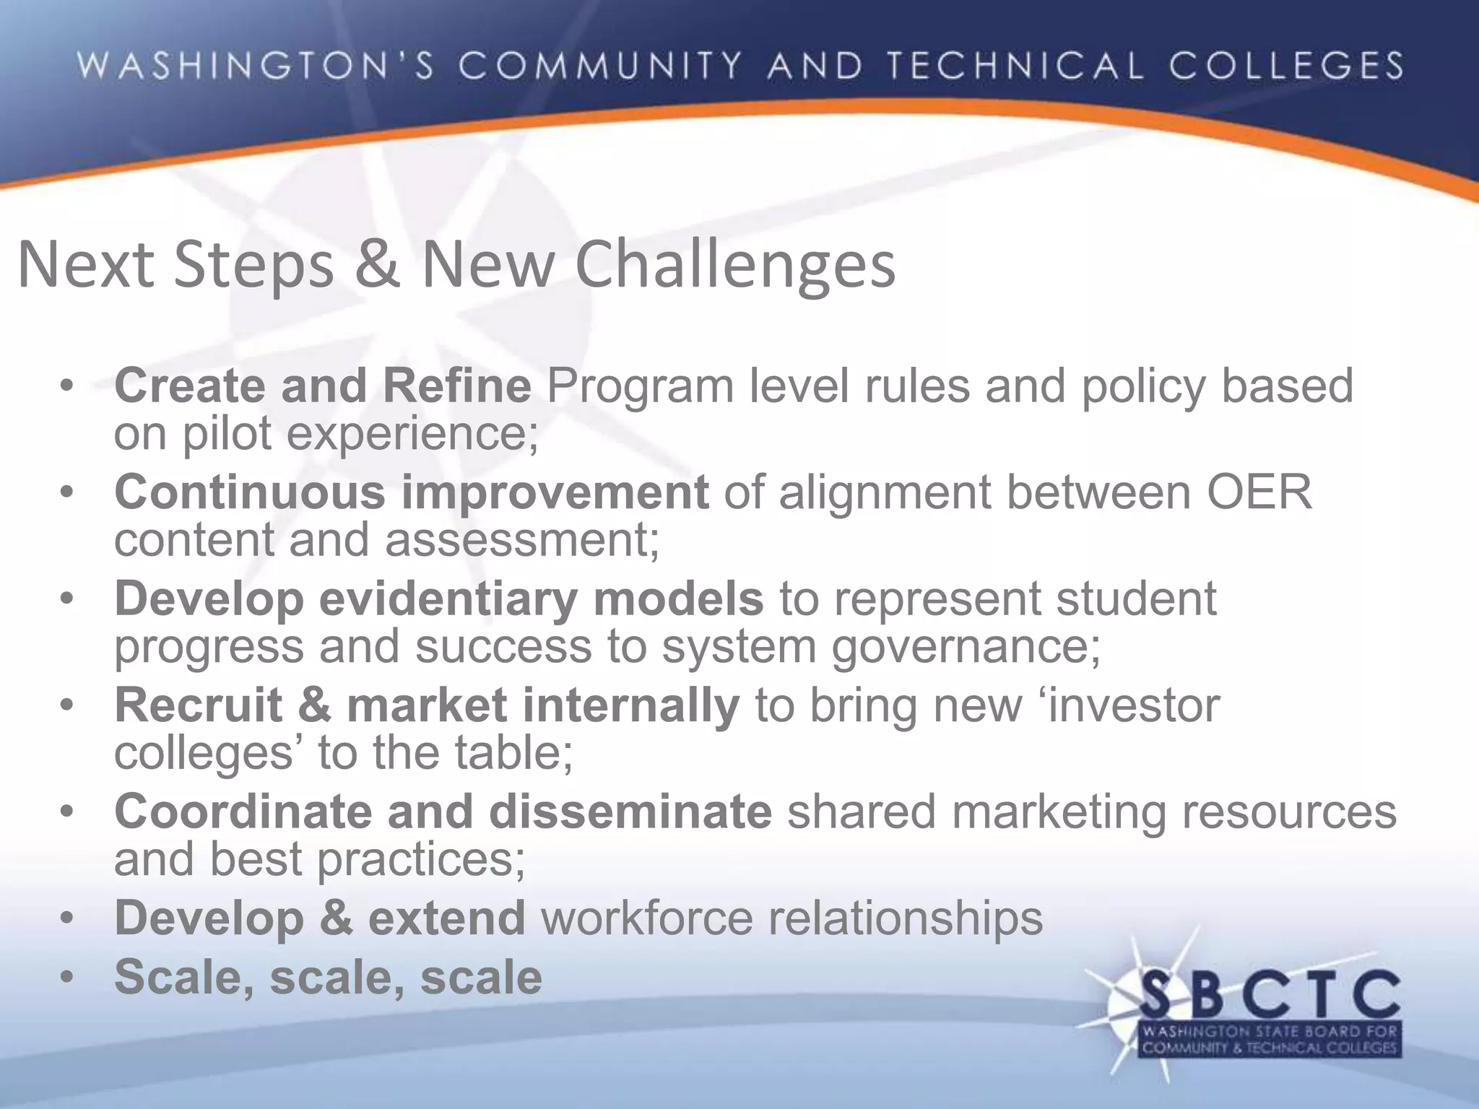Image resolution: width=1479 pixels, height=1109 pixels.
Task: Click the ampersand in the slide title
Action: (x=377, y=264)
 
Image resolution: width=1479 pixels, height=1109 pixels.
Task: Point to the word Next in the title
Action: (x=85, y=264)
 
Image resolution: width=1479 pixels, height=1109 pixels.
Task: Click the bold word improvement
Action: (x=555, y=492)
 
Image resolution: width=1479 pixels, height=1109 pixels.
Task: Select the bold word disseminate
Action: (x=630, y=811)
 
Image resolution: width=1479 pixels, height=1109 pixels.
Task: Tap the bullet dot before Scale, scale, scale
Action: (x=67, y=978)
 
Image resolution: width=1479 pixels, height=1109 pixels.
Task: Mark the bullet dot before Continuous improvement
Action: (x=67, y=493)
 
